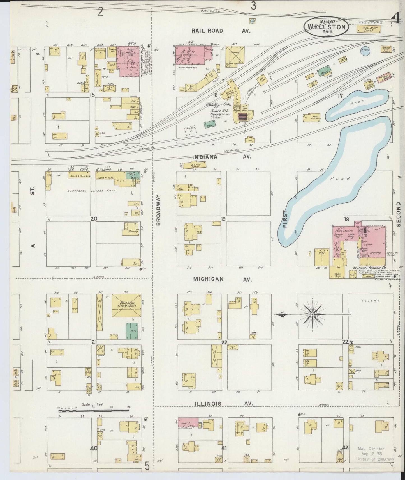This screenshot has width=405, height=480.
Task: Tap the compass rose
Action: [x=312, y=314]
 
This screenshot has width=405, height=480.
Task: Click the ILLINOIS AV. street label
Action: [x=224, y=404]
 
